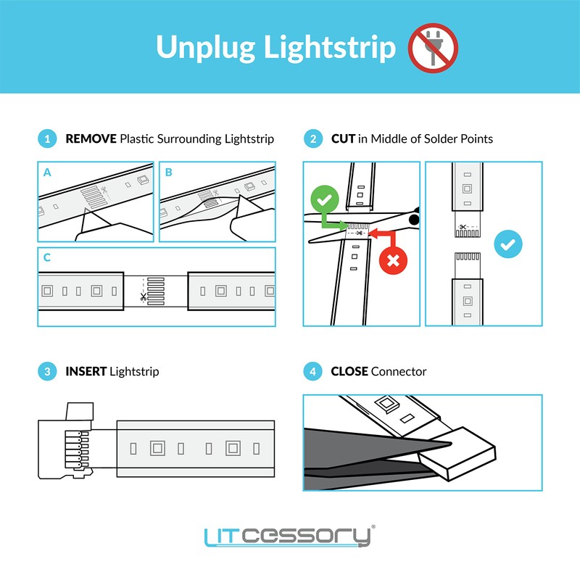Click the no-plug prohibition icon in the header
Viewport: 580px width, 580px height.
pyautogui.click(x=434, y=47)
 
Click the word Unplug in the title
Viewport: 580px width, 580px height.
pyautogui.click(x=206, y=47)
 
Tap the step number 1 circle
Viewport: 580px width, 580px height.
pyautogui.click(x=46, y=138)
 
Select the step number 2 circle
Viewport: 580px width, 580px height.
pyautogui.click(x=312, y=138)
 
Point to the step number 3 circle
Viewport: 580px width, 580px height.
pyautogui.click(x=46, y=372)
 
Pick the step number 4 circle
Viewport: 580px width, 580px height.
pyautogui.click(x=312, y=372)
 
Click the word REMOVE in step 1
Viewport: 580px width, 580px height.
pyautogui.click(x=91, y=138)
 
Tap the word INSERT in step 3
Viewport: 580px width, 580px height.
pyautogui.click(x=86, y=372)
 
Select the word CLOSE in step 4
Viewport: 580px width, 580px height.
pyautogui.click(x=349, y=372)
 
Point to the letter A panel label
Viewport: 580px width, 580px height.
pyautogui.click(x=47, y=173)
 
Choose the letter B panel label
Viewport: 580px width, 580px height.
pyautogui.click(x=169, y=173)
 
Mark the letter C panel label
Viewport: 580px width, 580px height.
pyautogui.click(x=47, y=258)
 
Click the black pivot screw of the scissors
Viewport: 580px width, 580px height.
pyautogui.click(x=414, y=218)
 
